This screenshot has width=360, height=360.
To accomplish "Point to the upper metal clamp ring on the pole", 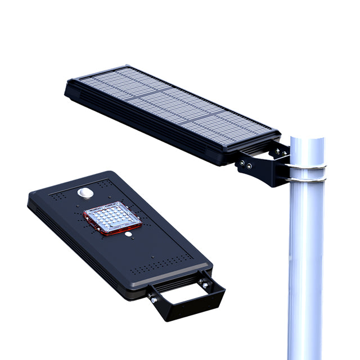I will (x=307, y=166).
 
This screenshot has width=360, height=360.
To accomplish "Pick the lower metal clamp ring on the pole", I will (x=306, y=179).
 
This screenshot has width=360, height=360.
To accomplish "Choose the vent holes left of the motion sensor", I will (x=61, y=195).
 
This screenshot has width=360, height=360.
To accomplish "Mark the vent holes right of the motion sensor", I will (x=102, y=184).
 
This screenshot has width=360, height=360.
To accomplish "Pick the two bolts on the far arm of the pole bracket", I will (x=277, y=151).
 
